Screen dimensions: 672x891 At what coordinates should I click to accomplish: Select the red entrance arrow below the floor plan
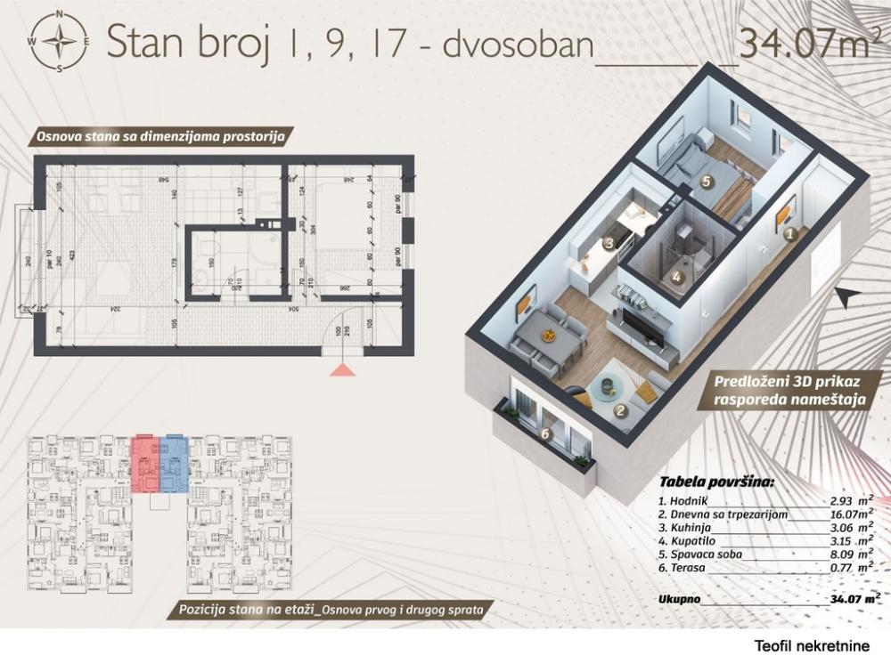343,369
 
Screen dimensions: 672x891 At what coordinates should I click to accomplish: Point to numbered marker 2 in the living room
617,411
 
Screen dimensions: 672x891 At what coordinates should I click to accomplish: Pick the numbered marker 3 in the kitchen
609,242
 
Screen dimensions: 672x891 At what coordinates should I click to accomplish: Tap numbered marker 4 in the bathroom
677,277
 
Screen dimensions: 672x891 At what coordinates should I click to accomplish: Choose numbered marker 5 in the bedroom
706,182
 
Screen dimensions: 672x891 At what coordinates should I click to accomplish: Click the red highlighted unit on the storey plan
143,464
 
